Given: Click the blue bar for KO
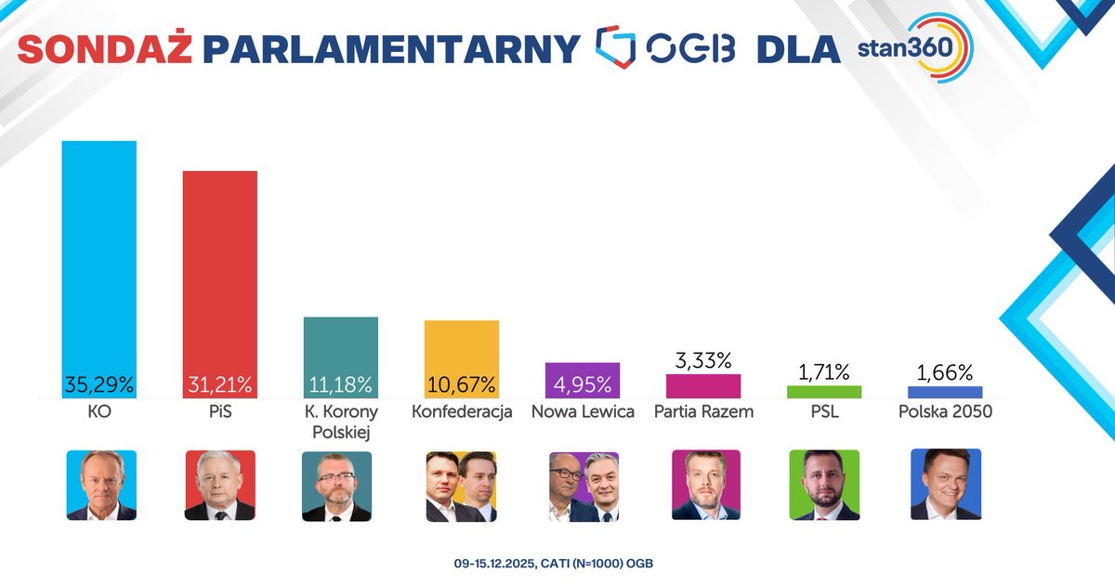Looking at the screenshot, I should click(x=99, y=260).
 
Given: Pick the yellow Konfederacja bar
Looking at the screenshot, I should click(x=462, y=348).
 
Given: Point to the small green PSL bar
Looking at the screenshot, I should click(x=824, y=392).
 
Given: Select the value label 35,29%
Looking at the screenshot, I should click(x=99, y=383).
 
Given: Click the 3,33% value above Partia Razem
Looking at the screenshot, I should click(x=703, y=359).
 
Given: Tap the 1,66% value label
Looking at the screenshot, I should click(x=945, y=372).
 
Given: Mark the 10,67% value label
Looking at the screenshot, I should click(x=462, y=383).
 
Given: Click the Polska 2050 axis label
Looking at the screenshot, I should click(x=945, y=411).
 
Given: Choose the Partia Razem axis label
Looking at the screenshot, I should click(x=703, y=411).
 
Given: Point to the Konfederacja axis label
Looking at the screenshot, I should click(x=462, y=411).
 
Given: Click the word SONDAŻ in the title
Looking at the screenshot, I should click(x=105, y=48).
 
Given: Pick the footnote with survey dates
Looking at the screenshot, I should click(x=557, y=564).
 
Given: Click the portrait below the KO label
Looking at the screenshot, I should click(x=100, y=485).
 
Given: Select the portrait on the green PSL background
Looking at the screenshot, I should click(x=824, y=485).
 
